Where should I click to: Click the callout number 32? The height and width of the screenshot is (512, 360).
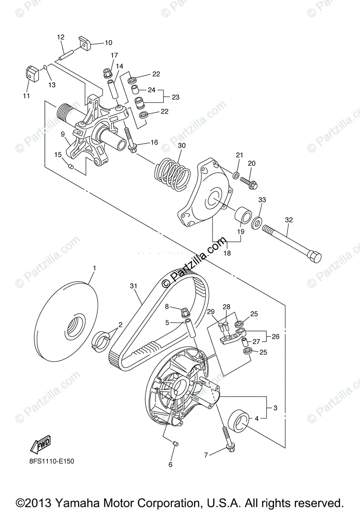pos(289,220)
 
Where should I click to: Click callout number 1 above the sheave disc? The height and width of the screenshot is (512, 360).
pos(94,268)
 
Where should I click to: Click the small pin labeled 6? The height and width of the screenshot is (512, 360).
pos(176,444)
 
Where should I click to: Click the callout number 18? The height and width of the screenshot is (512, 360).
pos(227,253)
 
